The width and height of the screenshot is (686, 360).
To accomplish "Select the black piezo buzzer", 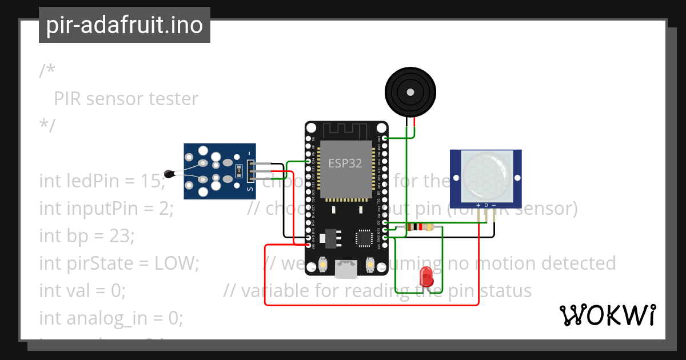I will coord(410,92).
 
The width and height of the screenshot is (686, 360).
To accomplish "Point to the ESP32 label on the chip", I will coord(345,163).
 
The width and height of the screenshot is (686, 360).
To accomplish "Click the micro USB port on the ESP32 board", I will coord(346,269).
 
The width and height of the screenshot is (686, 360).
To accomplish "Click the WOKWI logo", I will coord(607,315).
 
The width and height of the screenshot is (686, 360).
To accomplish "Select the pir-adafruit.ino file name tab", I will coord(125,25).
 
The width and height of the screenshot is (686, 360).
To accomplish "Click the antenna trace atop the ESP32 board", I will coord(346,130).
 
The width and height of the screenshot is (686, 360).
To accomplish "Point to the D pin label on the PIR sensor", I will coord(486,205).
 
